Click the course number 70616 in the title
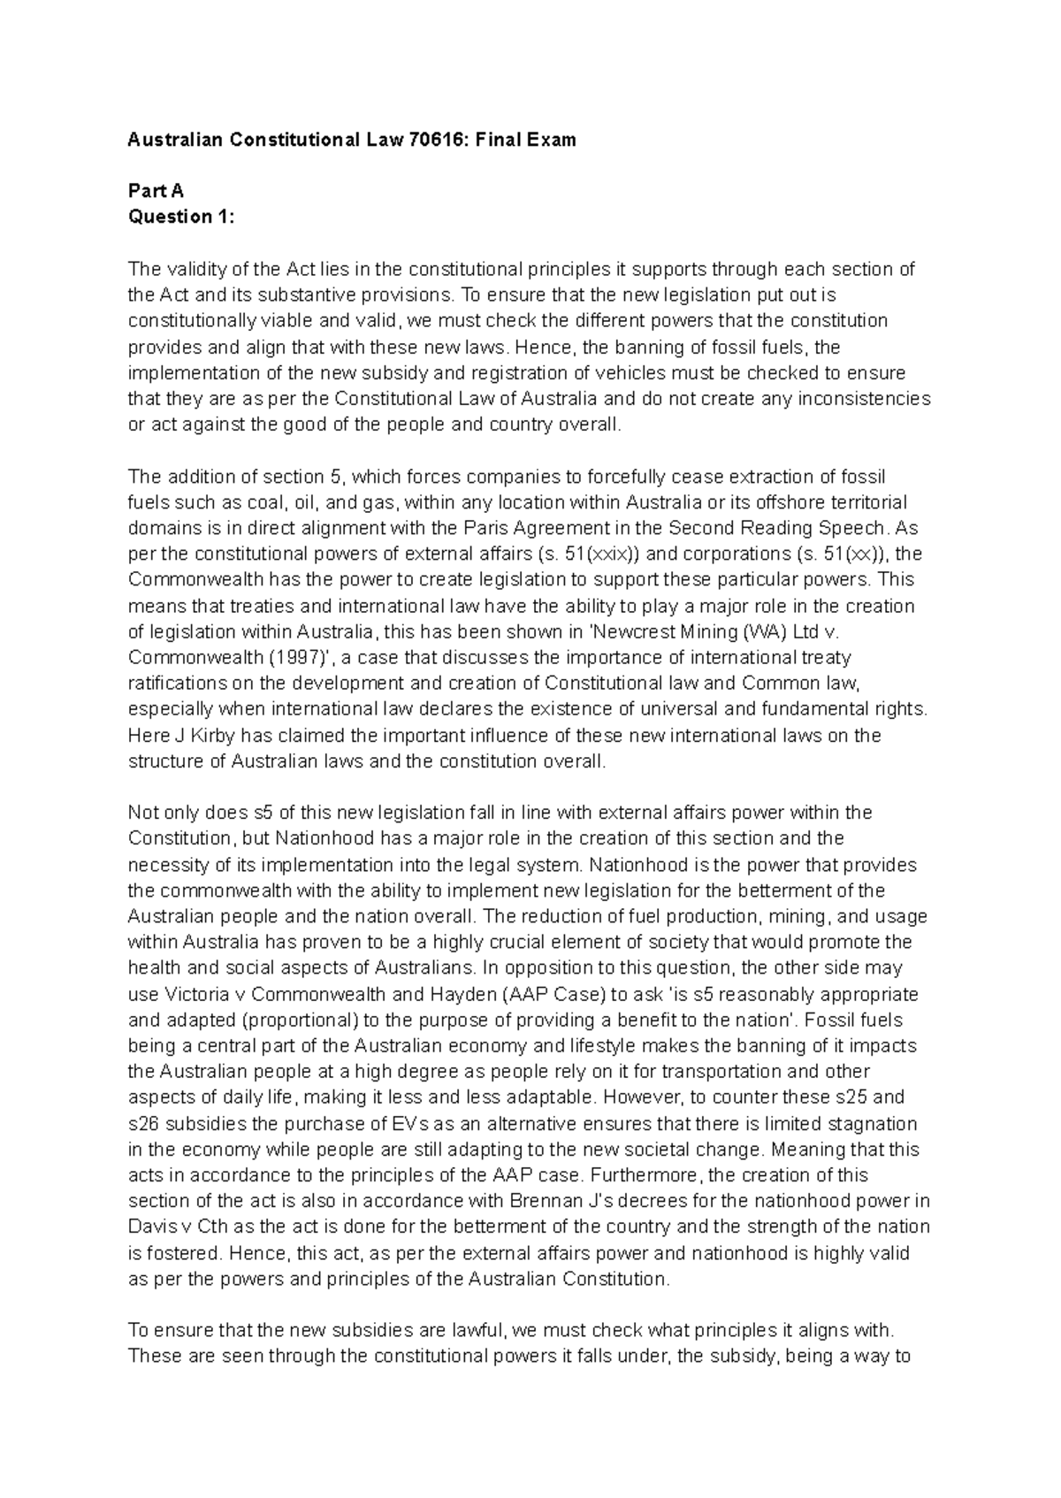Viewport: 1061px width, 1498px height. (424, 140)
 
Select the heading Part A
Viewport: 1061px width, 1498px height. (156, 191)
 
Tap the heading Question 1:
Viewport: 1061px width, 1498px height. (182, 217)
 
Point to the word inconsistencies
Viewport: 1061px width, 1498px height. (864, 399)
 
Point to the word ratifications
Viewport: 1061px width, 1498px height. (173, 684)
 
